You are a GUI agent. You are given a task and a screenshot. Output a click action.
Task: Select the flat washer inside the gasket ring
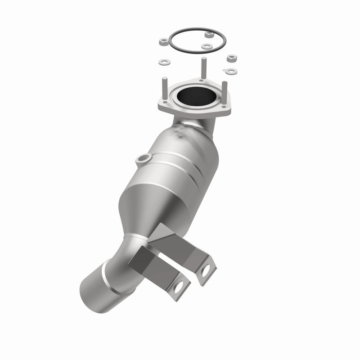(206, 46)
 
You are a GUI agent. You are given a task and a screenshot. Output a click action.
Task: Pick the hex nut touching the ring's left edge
(163, 42)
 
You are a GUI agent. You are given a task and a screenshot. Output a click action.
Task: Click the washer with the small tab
(231, 71)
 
